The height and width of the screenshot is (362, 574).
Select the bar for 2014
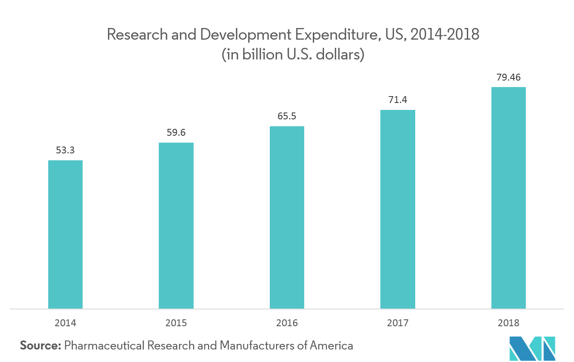tap(65, 234)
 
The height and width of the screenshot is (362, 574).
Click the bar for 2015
tap(176, 225)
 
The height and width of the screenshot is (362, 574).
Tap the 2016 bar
tap(287, 217)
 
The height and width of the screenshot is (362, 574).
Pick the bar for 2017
tap(398, 209)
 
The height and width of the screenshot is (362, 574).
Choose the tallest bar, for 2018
tap(509, 198)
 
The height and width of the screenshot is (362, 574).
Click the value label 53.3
tap(65, 150)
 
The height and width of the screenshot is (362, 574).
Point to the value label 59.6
tap(176, 133)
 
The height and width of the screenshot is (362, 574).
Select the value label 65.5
tap(287, 116)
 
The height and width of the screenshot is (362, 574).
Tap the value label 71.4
tap(398, 100)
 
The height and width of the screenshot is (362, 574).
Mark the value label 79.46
tap(509, 78)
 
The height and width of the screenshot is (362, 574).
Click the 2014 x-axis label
tap(65, 323)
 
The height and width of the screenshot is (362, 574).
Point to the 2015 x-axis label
tap(176, 323)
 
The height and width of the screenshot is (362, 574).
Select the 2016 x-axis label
tap(287, 323)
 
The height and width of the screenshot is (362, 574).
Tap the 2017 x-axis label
tap(398, 323)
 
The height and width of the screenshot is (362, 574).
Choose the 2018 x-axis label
tap(509, 323)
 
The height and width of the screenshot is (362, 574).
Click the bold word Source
tap(40, 345)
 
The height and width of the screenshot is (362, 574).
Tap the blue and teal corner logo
tap(532, 348)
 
